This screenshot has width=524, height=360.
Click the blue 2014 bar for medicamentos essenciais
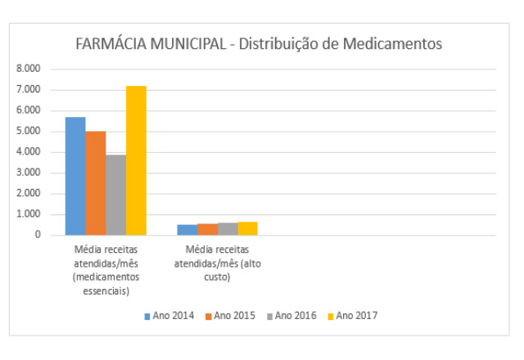(75, 176)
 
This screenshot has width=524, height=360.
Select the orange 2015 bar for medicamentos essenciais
(96, 183)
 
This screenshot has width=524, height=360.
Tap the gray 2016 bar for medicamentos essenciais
(115, 195)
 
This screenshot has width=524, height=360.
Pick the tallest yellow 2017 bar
(136, 160)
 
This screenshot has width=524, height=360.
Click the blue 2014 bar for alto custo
(187, 230)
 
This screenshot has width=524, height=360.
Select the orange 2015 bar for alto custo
(207, 229)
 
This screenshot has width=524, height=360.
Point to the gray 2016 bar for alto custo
(227, 229)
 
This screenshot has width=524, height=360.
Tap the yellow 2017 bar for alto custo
(247, 228)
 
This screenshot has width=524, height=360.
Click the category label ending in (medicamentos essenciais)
(106, 269)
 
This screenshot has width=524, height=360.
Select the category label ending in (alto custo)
(217, 263)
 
